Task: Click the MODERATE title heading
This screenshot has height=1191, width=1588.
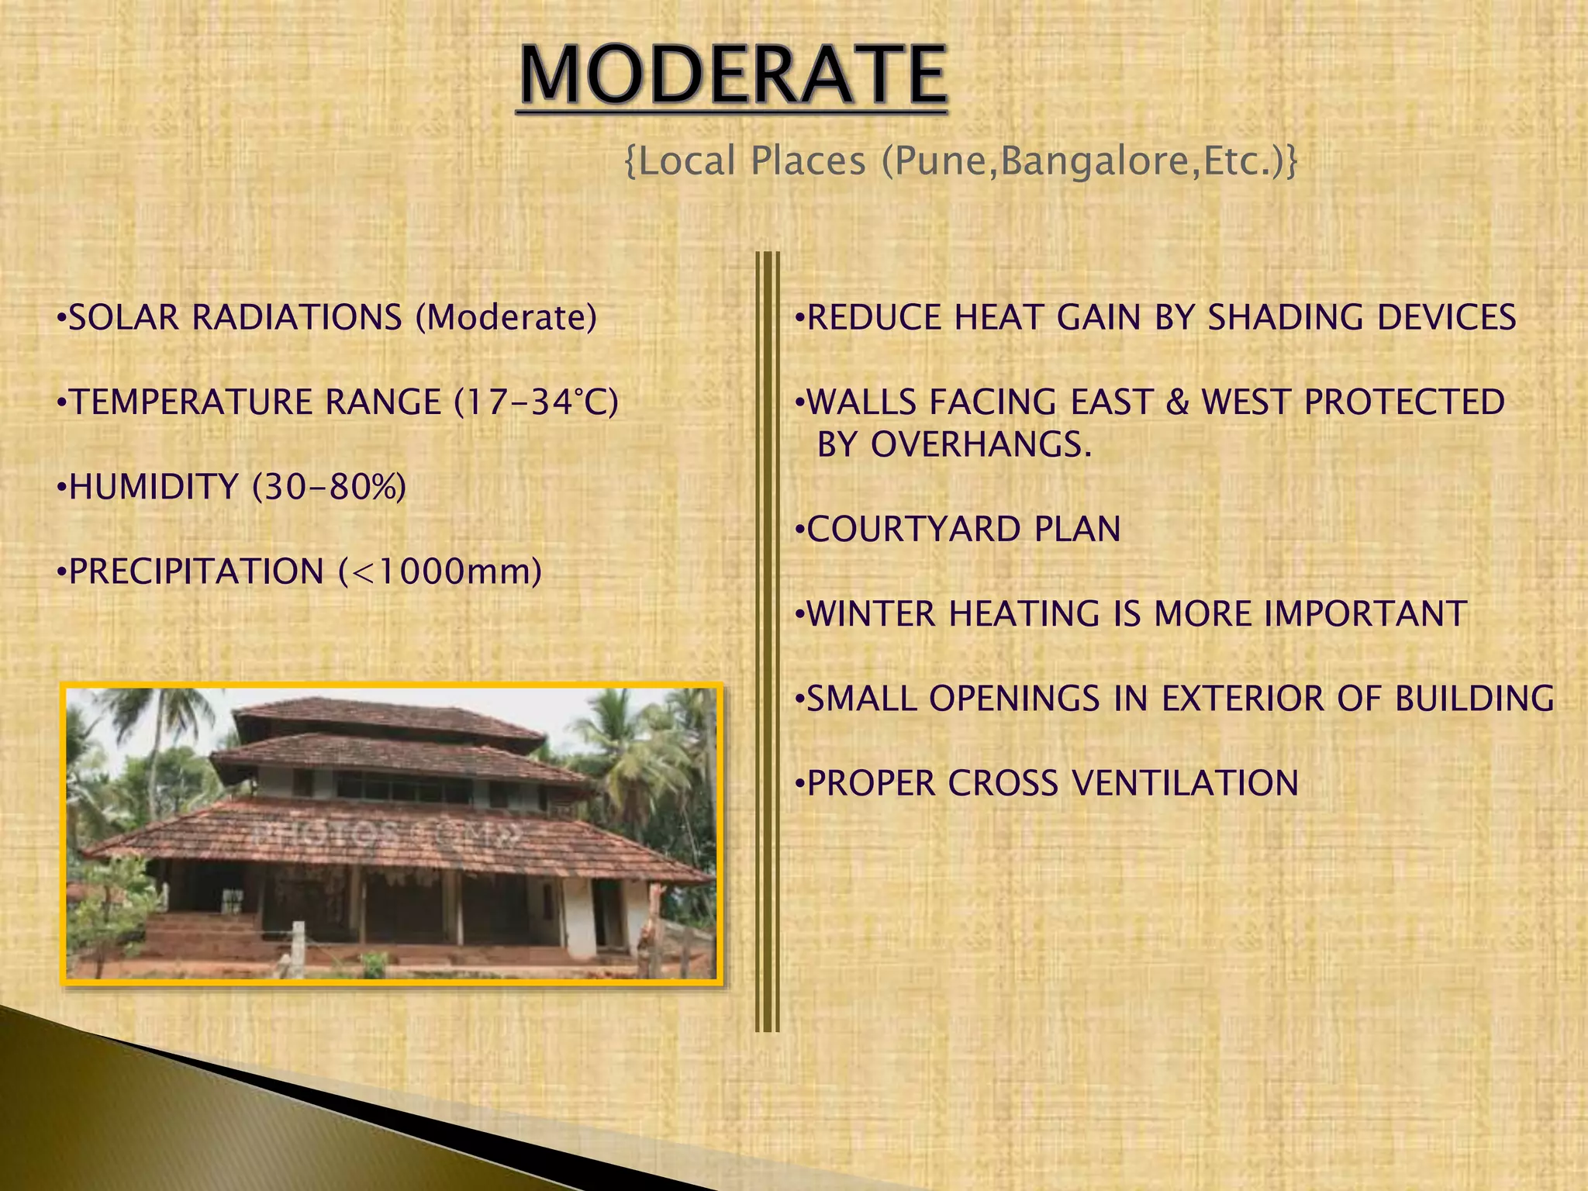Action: pos(733,76)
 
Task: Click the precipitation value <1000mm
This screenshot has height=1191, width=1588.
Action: pos(440,572)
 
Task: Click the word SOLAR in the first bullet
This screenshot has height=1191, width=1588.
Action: pos(123,318)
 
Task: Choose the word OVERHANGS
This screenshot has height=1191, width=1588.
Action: pos(980,445)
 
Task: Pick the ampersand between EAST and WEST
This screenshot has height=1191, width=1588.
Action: pos(1176,402)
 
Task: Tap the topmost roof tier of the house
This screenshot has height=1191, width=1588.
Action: pos(388,717)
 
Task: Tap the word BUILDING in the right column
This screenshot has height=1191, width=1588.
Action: pos(1474,699)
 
